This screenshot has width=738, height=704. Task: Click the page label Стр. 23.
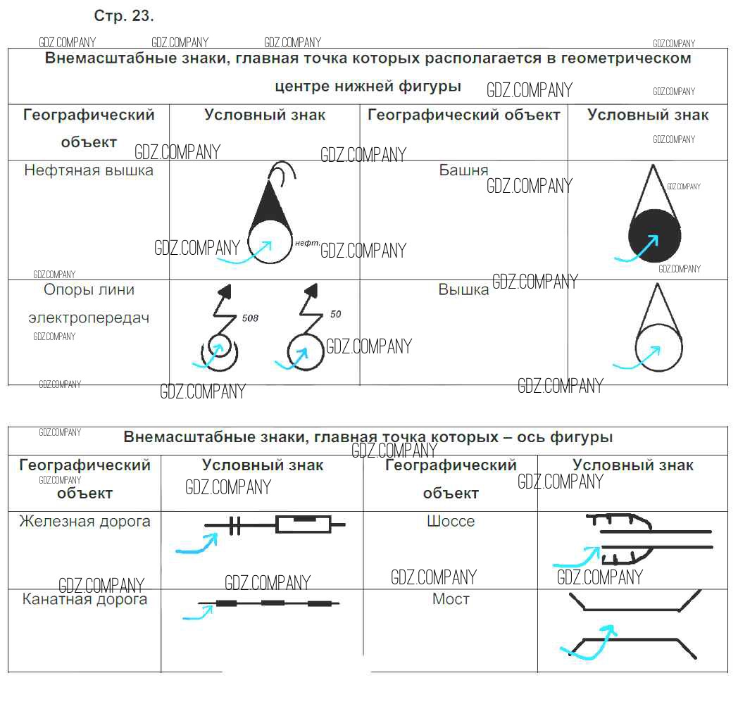point(123,16)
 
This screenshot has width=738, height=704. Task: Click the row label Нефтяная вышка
point(88,170)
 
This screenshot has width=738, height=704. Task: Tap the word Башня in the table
point(463,170)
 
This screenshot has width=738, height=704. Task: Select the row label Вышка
point(463,289)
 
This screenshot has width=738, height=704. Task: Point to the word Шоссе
point(451,522)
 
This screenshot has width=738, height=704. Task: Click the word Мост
point(451,599)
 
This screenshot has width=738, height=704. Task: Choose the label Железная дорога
point(85,522)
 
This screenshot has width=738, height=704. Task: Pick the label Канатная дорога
point(85,599)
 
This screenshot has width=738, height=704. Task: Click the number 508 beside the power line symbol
point(250,318)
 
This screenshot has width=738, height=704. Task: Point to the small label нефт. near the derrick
point(308,243)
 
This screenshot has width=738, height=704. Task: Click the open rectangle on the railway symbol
point(303,524)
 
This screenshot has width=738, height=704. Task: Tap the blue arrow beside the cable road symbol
point(199,614)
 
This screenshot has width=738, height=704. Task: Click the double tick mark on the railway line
point(235,525)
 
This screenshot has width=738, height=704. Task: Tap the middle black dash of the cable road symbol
point(273,603)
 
